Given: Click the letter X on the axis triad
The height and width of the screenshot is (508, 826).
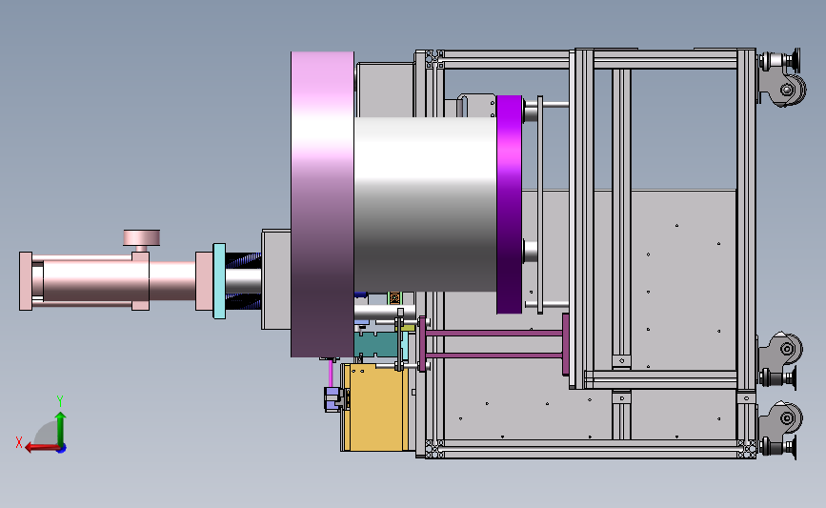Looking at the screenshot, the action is pyautogui.click(x=19, y=442).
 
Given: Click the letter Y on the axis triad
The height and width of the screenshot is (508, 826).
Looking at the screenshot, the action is pyautogui.click(x=60, y=401).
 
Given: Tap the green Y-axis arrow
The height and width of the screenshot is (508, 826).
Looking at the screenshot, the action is pyautogui.click(x=61, y=429).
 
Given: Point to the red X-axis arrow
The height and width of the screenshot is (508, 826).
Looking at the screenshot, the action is pyautogui.click(x=43, y=448).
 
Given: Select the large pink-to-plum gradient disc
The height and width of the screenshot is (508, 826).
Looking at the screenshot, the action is pyautogui.click(x=322, y=205).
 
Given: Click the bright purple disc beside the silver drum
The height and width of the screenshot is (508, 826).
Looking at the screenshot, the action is pyautogui.click(x=510, y=205).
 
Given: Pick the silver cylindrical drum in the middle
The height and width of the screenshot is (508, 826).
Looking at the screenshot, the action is pyautogui.click(x=425, y=205).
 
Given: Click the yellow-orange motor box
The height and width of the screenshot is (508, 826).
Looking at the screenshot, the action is pyautogui.click(x=376, y=407).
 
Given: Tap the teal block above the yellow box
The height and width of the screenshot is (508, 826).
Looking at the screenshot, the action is pyautogui.click(x=375, y=344).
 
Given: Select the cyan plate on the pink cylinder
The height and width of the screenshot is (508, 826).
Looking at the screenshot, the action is pyautogui.click(x=219, y=281).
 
